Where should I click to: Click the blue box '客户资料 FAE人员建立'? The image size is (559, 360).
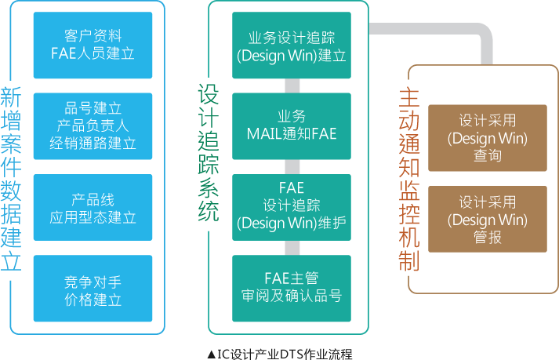93,45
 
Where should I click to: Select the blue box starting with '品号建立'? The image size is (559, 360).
93,125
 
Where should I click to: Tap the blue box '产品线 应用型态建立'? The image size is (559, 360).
93,207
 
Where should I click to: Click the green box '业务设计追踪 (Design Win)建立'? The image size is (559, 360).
292,45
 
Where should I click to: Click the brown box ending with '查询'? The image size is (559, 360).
487,138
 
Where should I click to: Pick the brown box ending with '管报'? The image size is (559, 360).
487,219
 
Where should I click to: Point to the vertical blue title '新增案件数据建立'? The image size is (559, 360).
12,180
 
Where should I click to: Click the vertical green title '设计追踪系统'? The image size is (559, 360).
208,153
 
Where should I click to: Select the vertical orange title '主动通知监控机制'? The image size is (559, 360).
408,180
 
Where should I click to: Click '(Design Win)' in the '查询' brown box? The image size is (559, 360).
487,138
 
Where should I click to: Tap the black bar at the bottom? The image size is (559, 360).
280,354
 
